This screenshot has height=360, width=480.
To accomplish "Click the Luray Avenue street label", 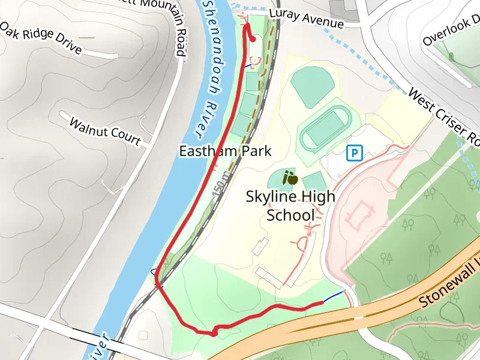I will (306, 19).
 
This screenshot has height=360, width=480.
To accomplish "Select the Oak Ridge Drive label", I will (41, 39).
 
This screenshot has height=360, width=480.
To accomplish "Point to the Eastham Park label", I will (226, 151).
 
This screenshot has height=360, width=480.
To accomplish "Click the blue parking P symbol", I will (355, 154).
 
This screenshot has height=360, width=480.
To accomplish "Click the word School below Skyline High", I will (290, 215).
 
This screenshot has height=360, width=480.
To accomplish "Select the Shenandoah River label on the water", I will (212, 66).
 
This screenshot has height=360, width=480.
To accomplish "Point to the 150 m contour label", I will (221, 186).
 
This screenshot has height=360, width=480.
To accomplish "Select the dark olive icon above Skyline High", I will (290, 178).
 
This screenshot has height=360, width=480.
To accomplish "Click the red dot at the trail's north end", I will (253, 40).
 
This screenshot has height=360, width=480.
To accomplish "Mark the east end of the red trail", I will (322, 303).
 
